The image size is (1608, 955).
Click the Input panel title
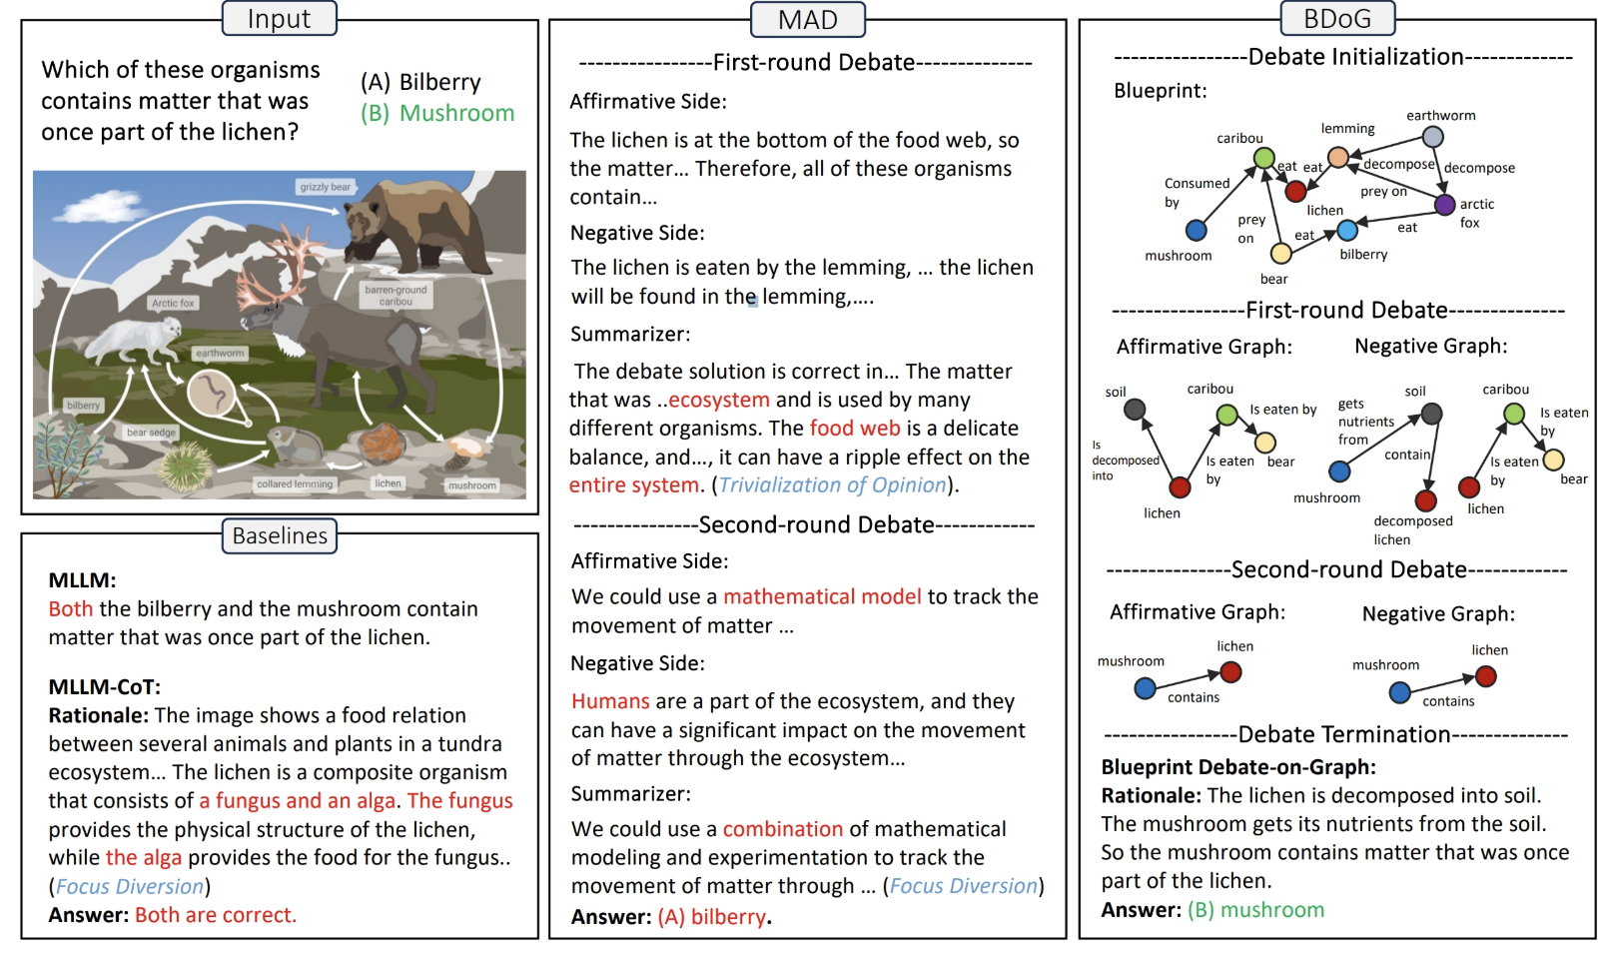pyautogui.click(x=279, y=19)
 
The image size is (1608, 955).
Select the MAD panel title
pyautogui.click(x=807, y=20)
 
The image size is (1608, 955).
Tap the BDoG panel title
pyautogui.click(x=1336, y=19)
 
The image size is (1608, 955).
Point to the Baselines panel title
pyautogui.click(x=280, y=535)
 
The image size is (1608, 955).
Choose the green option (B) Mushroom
pyautogui.click(x=437, y=113)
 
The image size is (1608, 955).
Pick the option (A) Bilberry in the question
pyautogui.click(x=420, y=82)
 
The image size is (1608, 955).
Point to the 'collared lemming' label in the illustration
pyautogui.click(x=295, y=484)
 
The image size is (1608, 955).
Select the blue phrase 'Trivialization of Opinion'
pyautogui.click(x=832, y=485)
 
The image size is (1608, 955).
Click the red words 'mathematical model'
pyautogui.click(x=822, y=596)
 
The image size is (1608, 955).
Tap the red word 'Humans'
pyautogui.click(x=610, y=701)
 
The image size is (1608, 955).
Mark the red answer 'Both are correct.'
pyautogui.click(x=216, y=915)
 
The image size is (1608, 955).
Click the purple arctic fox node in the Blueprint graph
pyautogui.click(x=1444, y=205)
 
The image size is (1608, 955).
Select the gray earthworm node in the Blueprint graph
pyautogui.click(x=1432, y=137)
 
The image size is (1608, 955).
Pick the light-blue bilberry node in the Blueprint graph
pyautogui.click(x=1347, y=231)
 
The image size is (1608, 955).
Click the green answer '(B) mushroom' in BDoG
pyautogui.click(x=1255, y=910)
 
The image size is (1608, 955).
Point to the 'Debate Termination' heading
pyautogui.click(x=1343, y=735)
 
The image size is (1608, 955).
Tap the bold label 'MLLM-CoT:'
pyautogui.click(x=104, y=687)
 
